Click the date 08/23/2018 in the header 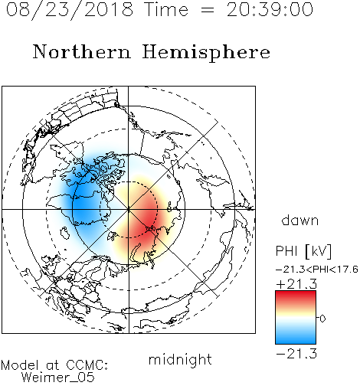(x=70, y=10)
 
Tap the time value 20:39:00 (x=270, y=10)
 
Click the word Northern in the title (x=82, y=51)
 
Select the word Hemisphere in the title (x=206, y=53)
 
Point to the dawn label (x=300, y=220)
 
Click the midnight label (x=180, y=359)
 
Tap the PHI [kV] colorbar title (x=303, y=251)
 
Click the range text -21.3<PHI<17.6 (x=317, y=270)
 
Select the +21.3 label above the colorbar (x=296, y=284)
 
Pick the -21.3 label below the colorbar (x=296, y=354)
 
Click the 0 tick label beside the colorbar (x=322, y=319)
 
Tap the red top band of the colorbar (x=296, y=296)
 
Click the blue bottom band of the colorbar (x=296, y=339)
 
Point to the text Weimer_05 (x=58, y=378)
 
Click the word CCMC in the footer (x=87, y=365)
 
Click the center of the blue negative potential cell (x=86, y=203)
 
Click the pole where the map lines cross (x=129, y=209)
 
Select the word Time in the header (x=166, y=10)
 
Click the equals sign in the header (x=208, y=11)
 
